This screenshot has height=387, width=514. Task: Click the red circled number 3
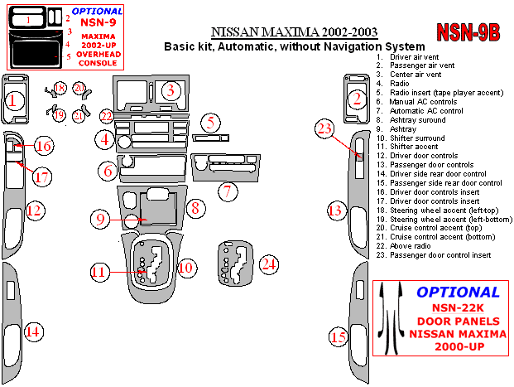170,90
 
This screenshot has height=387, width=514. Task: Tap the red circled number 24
267,264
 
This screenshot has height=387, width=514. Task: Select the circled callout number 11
99,272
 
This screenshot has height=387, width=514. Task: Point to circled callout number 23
325,128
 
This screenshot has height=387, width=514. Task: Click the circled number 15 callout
339,336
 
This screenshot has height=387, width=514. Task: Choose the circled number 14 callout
32,332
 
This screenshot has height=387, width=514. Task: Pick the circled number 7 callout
227,191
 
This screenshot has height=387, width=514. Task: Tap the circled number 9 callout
99,219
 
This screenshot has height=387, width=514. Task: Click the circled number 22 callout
106,116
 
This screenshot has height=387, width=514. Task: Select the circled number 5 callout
211,123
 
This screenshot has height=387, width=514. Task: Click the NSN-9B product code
468,32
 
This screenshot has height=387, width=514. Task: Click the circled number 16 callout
42,147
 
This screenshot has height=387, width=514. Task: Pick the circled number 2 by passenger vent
357,99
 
